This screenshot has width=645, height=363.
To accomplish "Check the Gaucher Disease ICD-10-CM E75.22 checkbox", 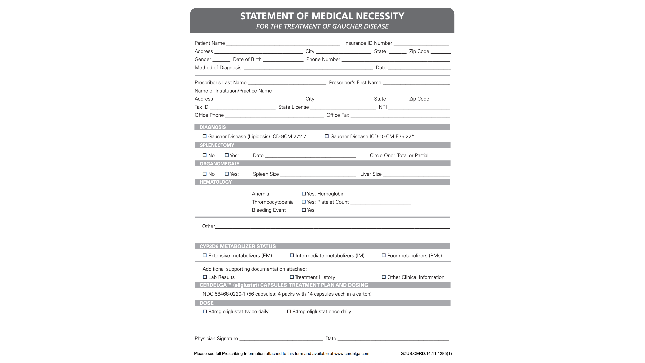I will pyautogui.click(x=326, y=136).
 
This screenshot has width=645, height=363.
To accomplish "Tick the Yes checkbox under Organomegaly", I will pyautogui.click(x=227, y=174).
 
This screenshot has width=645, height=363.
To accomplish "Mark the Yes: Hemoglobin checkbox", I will pyautogui.click(x=304, y=194).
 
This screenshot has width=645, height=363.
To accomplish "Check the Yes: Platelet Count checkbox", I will pyautogui.click(x=304, y=202).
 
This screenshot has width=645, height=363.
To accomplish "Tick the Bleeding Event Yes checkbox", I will pyautogui.click(x=304, y=210).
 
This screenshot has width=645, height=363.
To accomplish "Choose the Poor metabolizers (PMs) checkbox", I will pyautogui.click(x=384, y=255).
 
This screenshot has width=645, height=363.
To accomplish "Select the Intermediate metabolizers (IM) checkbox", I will pyautogui.click(x=292, y=255).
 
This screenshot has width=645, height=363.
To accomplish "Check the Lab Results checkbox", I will pyautogui.click(x=205, y=277).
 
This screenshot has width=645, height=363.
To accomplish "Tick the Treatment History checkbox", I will pyautogui.click(x=292, y=277).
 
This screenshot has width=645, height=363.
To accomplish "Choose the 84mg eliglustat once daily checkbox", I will pyautogui.click(x=289, y=311).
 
